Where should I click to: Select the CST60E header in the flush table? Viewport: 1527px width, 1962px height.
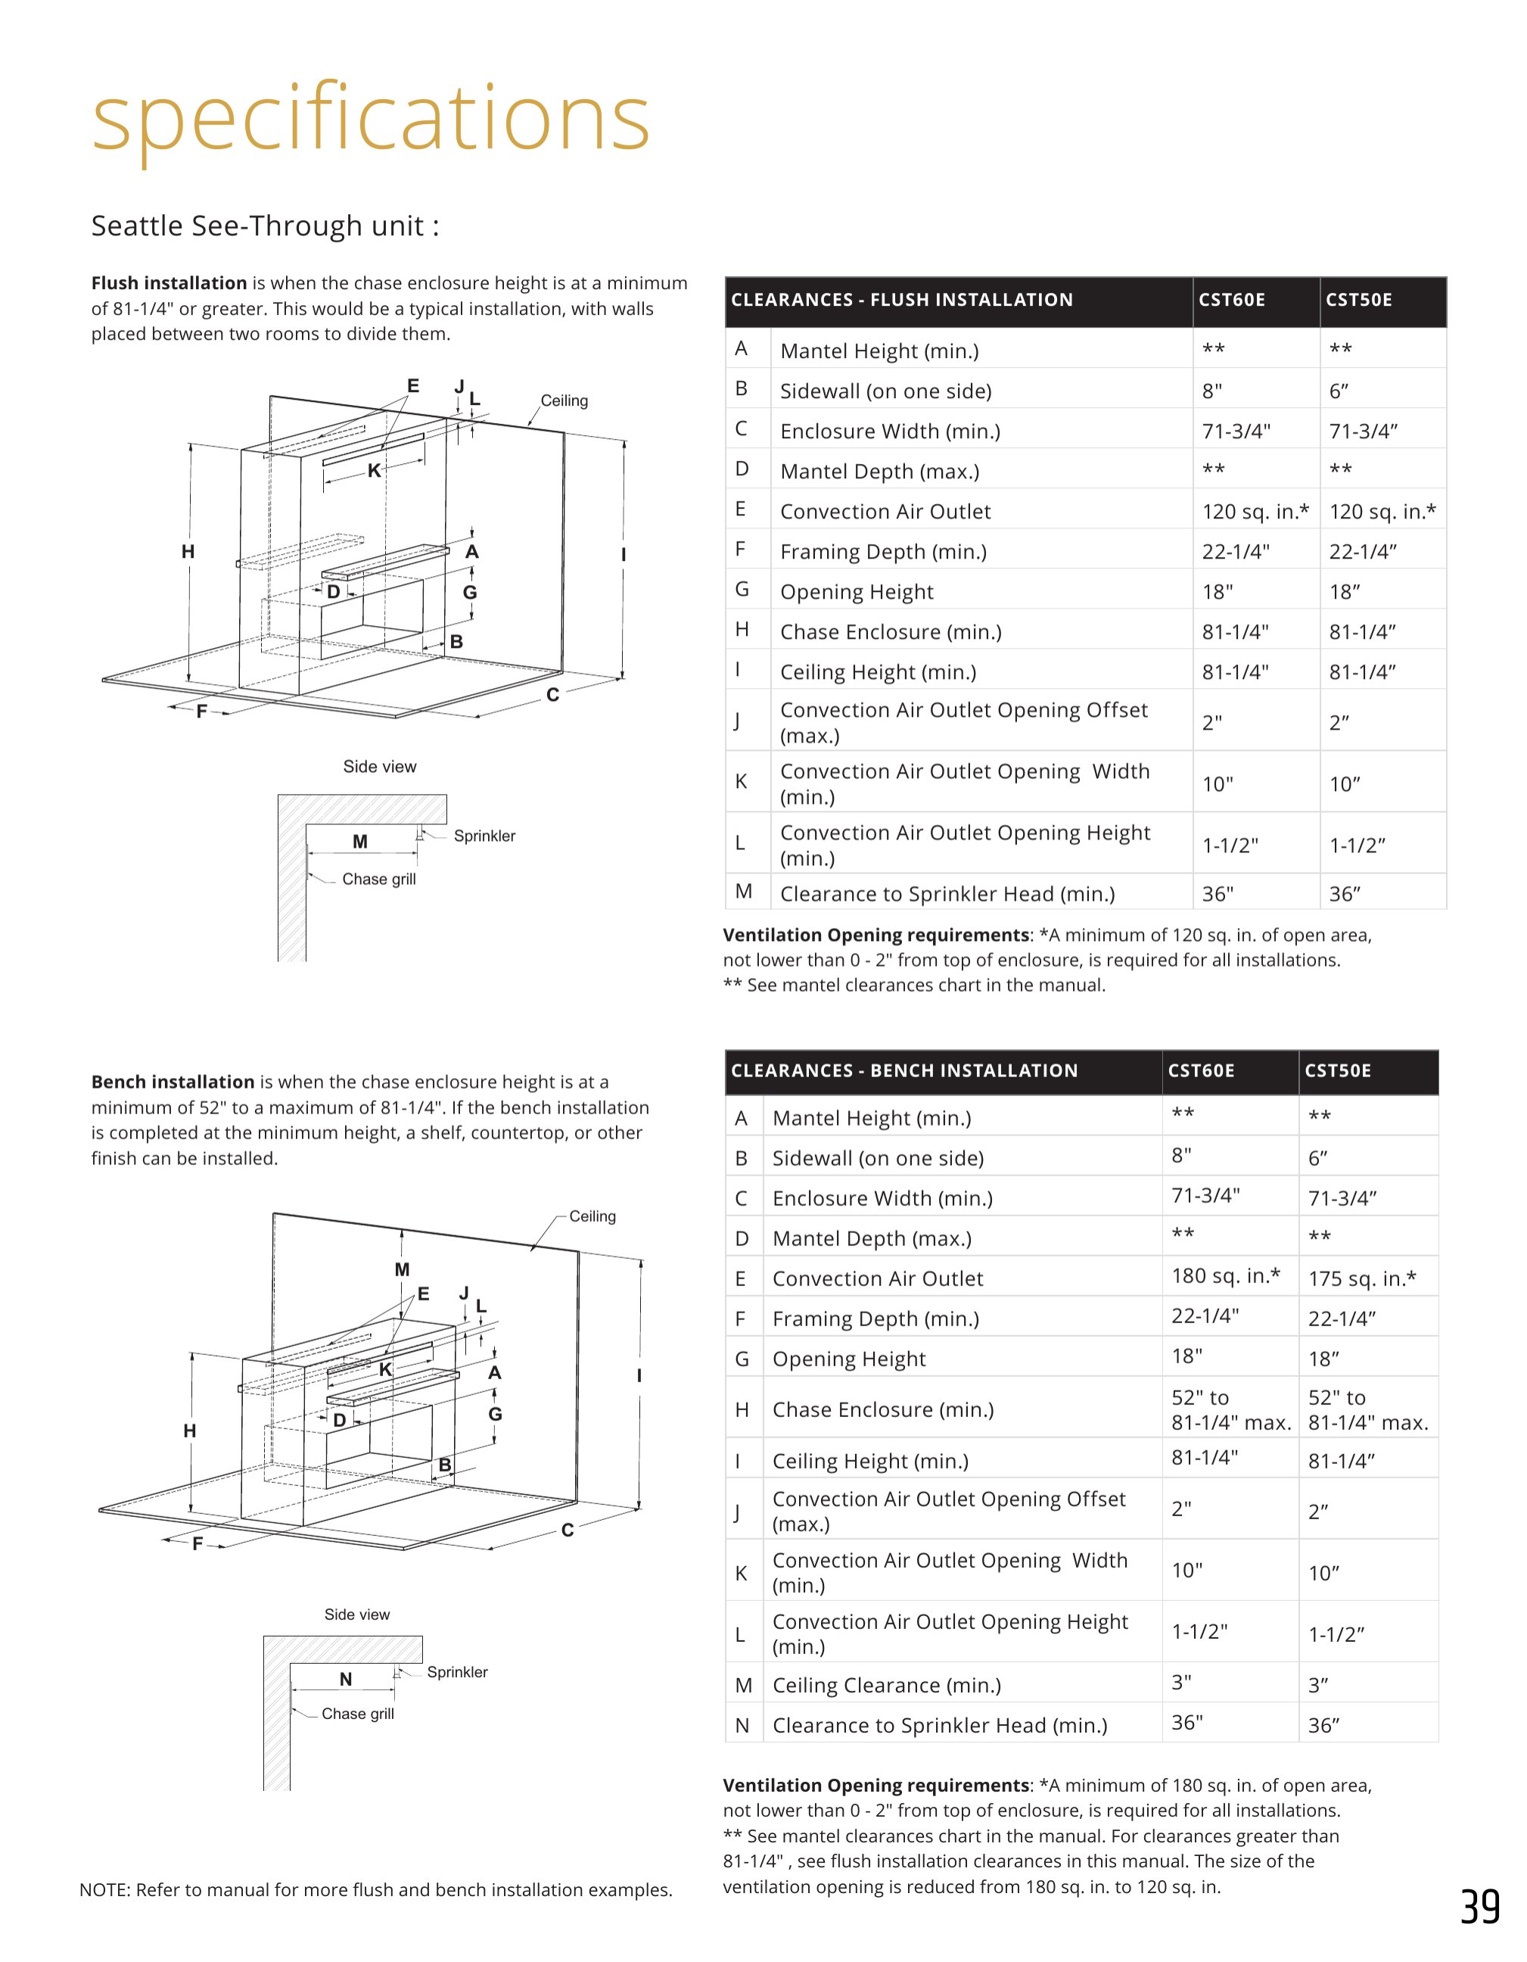1231,300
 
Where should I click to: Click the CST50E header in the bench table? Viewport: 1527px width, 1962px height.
1338,1071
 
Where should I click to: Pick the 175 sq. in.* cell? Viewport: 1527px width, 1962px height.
1362,1278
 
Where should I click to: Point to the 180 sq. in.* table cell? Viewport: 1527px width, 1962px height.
1225,1275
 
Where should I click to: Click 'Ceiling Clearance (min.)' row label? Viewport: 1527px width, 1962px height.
887,1685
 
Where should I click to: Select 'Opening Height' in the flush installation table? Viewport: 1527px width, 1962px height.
857,592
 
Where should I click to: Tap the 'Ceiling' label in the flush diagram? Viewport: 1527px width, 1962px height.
564,400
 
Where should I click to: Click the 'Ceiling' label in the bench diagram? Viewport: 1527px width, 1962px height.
592,1216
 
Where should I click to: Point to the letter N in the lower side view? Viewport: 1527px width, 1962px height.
346,1679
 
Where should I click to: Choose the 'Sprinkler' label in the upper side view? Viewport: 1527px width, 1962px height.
484,836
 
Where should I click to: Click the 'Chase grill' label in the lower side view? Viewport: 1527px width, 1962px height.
357,1714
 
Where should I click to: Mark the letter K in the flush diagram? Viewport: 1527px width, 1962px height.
374,470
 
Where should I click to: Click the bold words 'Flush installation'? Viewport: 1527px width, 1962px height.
169,283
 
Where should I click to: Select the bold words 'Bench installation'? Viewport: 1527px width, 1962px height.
173,1082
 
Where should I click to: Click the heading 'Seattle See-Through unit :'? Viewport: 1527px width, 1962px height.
265,226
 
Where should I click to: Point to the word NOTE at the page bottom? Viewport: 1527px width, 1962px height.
104,1890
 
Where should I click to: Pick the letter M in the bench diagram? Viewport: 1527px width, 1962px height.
402,1269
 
